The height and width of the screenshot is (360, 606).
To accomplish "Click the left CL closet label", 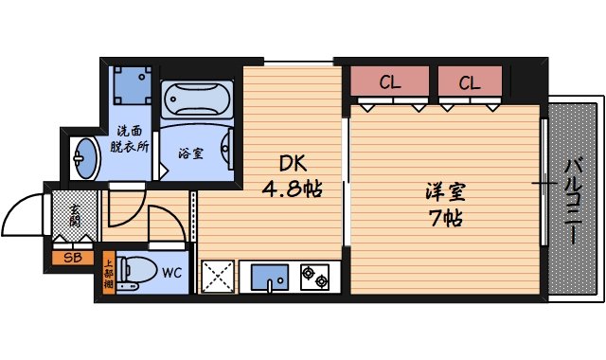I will tap(389, 82).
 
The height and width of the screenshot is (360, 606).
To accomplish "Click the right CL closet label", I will tap(469, 82).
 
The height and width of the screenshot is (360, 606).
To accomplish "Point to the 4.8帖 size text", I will tap(292, 188).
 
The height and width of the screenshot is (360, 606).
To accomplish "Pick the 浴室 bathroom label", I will tap(190, 153).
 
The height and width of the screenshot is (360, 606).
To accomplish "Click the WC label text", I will tap(172, 273).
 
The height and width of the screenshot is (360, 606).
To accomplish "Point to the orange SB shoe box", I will tap(71, 257).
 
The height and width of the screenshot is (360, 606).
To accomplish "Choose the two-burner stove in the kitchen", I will tap(314, 278).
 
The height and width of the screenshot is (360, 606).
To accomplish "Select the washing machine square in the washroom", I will tap(131, 86).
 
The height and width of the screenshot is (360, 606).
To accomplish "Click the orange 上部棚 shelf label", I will tap(109, 274).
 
